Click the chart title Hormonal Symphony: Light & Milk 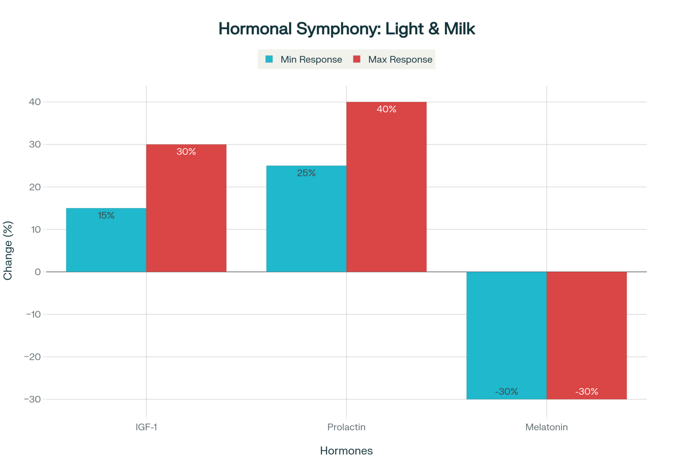click(x=346, y=29)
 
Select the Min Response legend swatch click(x=269, y=59)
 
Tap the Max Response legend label click(x=400, y=60)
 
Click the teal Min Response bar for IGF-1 click(x=106, y=243)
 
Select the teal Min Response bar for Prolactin click(x=306, y=222)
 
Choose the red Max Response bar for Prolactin click(x=386, y=191)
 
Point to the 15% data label click(x=106, y=216)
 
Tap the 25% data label click(x=306, y=173)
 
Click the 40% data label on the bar click(x=386, y=109)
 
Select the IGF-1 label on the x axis click(x=146, y=427)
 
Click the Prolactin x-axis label click(x=346, y=427)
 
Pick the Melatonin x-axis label click(x=546, y=427)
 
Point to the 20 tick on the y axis click(x=35, y=187)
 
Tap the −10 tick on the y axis click(x=34, y=314)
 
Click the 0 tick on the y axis click(x=38, y=272)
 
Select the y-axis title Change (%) click(x=8, y=250)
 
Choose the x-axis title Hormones click(x=346, y=451)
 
